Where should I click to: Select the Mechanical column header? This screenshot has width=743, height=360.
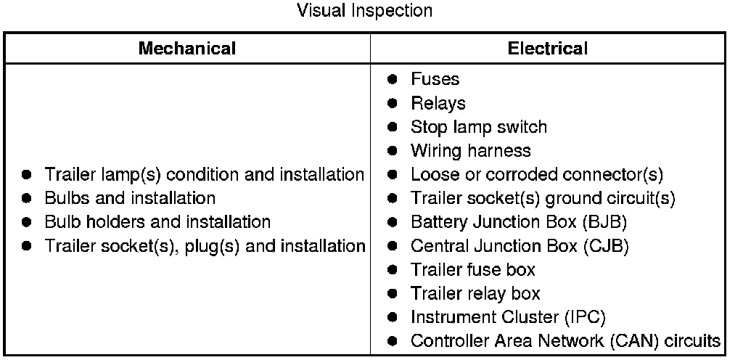[x=187, y=49]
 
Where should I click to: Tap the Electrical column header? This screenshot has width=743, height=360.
[x=548, y=49]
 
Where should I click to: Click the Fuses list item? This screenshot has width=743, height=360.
[x=435, y=79]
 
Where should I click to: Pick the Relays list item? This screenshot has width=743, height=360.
[x=438, y=103]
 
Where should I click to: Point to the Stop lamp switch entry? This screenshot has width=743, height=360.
[x=478, y=127]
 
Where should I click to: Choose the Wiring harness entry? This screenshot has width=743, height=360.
[x=470, y=151]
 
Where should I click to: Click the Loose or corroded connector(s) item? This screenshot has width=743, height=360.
[x=536, y=175]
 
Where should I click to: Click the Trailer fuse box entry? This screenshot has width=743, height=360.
[x=472, y=270]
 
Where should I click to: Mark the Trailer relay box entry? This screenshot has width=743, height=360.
[x=475, y=294]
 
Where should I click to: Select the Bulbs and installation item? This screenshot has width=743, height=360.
[x=130, y=198]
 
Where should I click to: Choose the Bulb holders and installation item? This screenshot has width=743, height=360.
[x=157, y=222]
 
